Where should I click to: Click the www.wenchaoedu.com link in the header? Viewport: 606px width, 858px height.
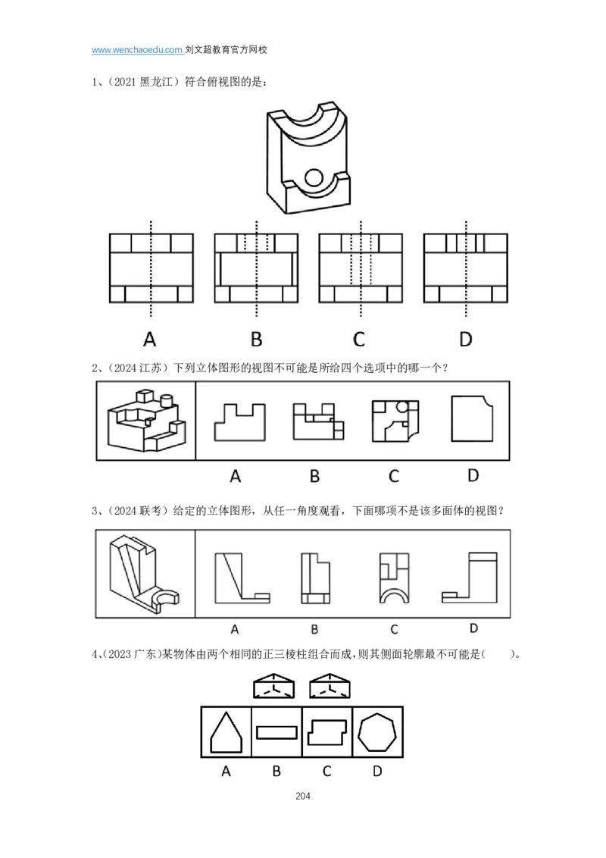(x=137, y=50)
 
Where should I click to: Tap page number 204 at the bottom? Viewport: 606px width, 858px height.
(x=303, y=796)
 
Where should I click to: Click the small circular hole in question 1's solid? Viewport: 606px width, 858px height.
(x=314, y=177)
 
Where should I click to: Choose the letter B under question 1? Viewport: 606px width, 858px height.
(x=257, y=340)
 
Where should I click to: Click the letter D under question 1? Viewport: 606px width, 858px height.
(x=465, y=340)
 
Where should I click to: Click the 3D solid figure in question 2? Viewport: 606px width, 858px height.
(x=147, y=420)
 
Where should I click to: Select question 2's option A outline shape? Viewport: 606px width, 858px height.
(x=239, y=422)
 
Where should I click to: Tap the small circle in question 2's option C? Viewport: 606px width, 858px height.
(x=402, y=406)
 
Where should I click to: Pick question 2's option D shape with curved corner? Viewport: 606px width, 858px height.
(x=472, y=418)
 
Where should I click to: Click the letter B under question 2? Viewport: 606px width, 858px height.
(x=314, y=476)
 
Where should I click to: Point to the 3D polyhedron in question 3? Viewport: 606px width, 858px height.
(x=144, y=574)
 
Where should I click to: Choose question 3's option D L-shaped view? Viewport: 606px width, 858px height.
(x=470, y=578)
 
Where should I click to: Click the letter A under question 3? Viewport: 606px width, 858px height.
(x=235, y=629)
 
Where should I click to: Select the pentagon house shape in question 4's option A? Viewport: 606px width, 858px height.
(x=226, y=732)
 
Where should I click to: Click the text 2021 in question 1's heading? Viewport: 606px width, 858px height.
(x=125, y=82)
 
